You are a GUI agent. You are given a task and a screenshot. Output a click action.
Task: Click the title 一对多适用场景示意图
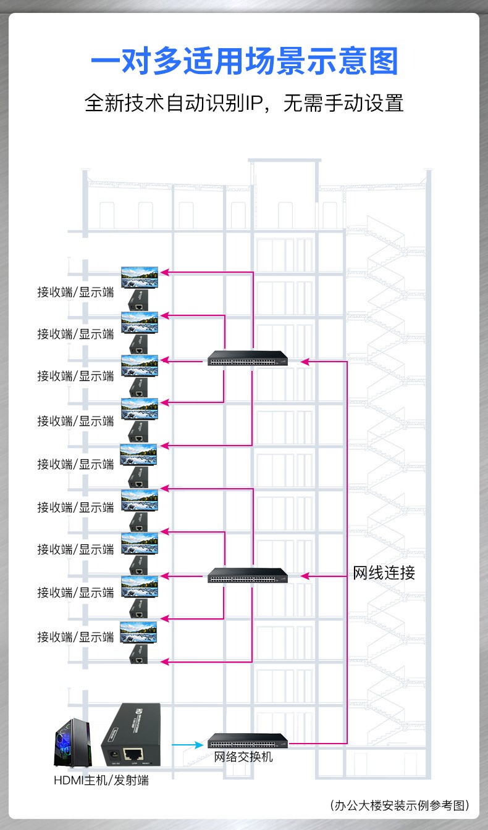click(244, 64)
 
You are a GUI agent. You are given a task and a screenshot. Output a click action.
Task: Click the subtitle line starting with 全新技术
click(244, 102)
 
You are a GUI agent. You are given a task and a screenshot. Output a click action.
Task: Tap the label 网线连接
click(384, 573)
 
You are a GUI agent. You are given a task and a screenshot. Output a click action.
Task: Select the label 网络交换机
click(243, 757)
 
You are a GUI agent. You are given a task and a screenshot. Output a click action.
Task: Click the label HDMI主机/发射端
click(101, 780)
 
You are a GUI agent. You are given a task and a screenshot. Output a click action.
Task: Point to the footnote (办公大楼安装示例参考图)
click(400, 805)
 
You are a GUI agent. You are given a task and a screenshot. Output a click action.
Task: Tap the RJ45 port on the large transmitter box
click(133, 753)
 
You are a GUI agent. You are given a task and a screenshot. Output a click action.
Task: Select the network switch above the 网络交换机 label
click(248, 740)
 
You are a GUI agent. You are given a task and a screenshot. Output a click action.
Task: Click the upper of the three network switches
click(248, 359)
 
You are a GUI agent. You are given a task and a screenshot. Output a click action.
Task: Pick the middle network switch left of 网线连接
click(248, 575)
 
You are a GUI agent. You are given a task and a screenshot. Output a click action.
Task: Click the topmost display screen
click(140, 277)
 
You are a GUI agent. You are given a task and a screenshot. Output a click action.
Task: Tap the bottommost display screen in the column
click(139, 633)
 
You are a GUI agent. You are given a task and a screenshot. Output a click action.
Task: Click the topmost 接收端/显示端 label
click(75, 293)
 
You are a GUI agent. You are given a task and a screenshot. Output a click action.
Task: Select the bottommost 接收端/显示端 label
click(75, 636)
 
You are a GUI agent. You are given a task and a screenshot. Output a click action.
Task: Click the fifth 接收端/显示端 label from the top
click(75, 464)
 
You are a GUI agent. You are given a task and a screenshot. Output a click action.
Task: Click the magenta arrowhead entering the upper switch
click(304, 361)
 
